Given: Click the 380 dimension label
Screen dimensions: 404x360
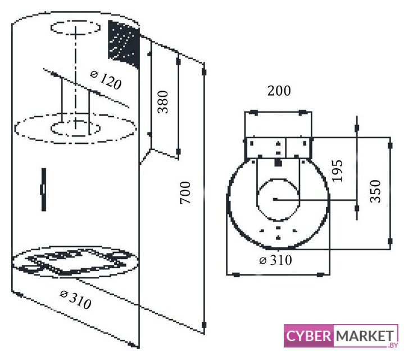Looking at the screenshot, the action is pyautogui.click(x=163, y=102).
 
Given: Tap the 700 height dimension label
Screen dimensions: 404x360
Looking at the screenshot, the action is pyautogui.click(x=185, y=193).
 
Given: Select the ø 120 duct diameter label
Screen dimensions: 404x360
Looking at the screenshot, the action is pyautogui.click(x=106, y=80).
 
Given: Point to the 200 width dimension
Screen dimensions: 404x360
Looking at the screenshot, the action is pyautogui.click(x=279, y=91).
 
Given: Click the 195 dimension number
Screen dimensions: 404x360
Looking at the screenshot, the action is pyautogui.click(x=337, y=171).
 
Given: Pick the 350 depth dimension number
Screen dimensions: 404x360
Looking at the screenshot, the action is pyautogui.click(x=375, y=191).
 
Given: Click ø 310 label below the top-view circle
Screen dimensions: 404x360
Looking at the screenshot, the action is pyautogui.click(x=276, y=260).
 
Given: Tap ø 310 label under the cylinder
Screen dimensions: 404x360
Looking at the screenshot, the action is pyautogui.click(x=75, y=299).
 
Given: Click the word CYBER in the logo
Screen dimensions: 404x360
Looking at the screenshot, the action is pyautogui.click(x=308, y=336).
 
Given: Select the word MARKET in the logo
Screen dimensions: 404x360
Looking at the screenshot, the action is pyautogui.click(x=365, y=336).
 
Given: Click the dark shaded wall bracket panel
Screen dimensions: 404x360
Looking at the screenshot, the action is pyautogui.click(x=124, y=44).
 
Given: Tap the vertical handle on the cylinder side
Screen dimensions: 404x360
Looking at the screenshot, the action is pyautogui.click(x=43, y=190).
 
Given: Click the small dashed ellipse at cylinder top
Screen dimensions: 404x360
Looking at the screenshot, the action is pyautogui.click(x=75, y=28).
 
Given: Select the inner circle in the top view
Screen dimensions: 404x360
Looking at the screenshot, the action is pyautogui.click(x=278, y=199).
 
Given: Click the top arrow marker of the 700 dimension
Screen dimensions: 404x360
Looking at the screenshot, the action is pyautogui.click(x=204, y=71).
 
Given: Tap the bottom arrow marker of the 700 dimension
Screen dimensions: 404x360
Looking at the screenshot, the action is pyautogui.click(x=204, y=325).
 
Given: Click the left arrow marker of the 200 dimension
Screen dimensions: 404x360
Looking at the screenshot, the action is pyautogui.click(x=254, y=112).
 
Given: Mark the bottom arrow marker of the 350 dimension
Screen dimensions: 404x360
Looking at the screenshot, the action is pyautogui.click(x=390, y=241).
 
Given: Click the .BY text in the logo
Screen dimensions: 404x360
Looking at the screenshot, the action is pyautogui.click(x=393, y=345).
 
